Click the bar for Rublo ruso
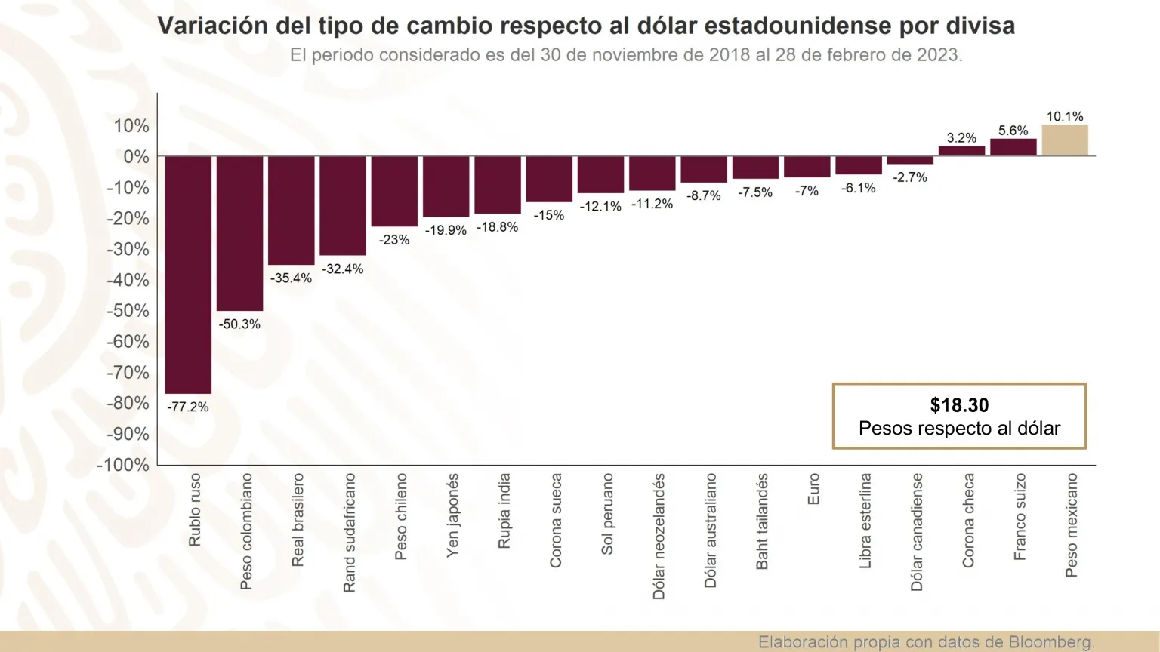(x=188, y=275)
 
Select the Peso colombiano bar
(x=239, y=233)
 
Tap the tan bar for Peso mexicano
(x=1065, y=140)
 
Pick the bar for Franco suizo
(x=1013, y=147)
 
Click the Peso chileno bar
(x=394, y=191)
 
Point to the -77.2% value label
(x=188, y=407)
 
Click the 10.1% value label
(x=1065, y=116)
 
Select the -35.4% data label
(x=291, y=278)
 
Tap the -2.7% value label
(x=910, y=177)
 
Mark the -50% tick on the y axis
(x=128, y=311)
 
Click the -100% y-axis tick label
(x=123, y=465)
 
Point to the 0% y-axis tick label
(x=136, y=157)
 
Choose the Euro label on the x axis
(x=813, y=489)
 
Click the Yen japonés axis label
(x=452, y=515)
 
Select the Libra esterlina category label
(x=865, y=521)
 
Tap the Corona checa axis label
(x=968, y=520)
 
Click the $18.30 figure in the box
(x=959, y=405)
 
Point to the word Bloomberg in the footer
(x=1050, y=642)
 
